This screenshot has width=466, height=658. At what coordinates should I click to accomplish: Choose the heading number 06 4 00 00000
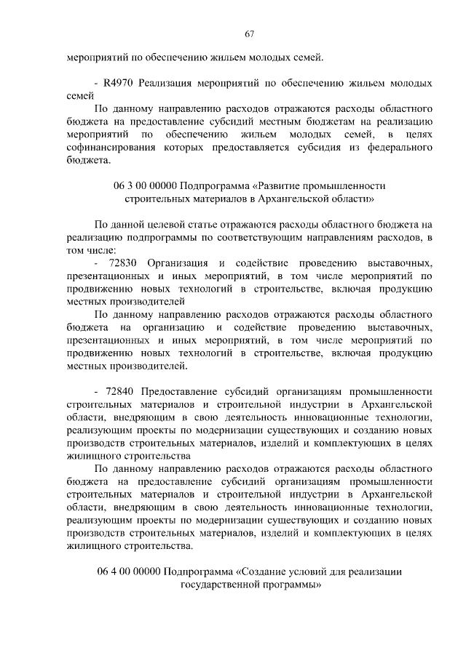[128, 571]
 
